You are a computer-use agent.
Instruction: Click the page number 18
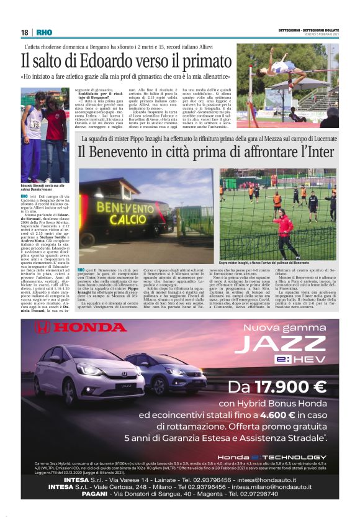[25, 32]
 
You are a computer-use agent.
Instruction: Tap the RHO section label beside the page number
[44, 32]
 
